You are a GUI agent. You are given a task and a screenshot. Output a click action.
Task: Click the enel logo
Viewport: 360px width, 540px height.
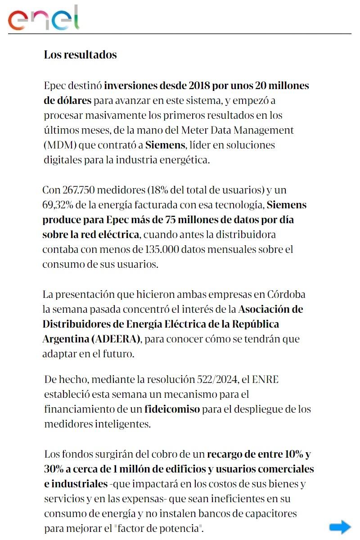coord(44,18)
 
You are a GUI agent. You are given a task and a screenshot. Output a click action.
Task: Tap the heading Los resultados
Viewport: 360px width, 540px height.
coord(80,55)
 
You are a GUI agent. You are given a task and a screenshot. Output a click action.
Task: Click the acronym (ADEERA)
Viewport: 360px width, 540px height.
coord(116,339)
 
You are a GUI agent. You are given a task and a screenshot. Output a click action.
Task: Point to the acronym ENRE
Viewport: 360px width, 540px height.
coord(265,379)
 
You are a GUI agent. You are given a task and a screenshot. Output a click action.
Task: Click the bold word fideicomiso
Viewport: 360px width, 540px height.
coord(172,409)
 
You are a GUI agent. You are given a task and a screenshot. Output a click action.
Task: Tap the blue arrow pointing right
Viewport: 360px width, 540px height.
coord(340,527)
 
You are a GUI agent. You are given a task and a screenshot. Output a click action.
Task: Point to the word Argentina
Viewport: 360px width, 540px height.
coord(64,339)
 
